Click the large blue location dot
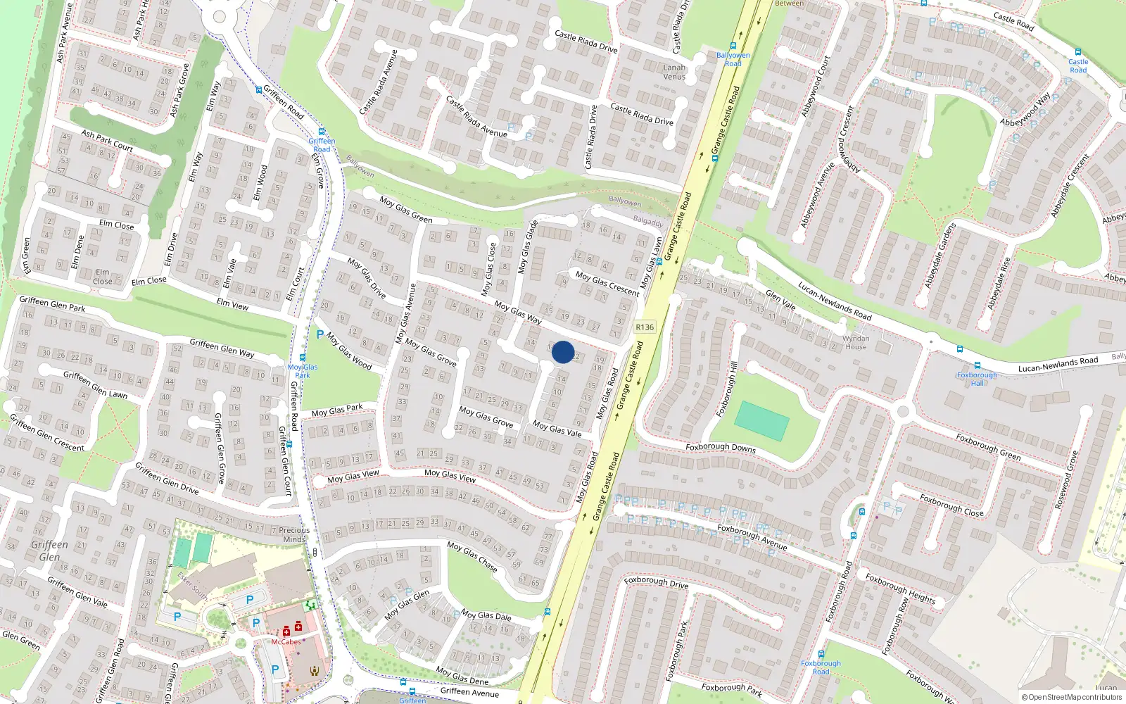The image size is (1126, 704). (x=563, y=352)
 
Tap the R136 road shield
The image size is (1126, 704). (x=644, y=327)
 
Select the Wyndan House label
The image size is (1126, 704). (x=856, y=342)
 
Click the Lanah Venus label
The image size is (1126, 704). (x=674, y=72)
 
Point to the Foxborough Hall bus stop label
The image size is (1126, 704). (x=977, y=379)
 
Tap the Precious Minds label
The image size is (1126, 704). (x=294, y=534)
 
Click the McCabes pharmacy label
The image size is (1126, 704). (x=286, y=641)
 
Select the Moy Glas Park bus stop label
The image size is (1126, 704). (x=303, y=371)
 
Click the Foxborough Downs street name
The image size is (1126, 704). (x=721, y=447)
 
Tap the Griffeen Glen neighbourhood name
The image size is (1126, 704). (x=49, y=551)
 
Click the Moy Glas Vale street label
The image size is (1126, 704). (x=557, y=429)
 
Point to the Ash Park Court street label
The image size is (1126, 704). (x=107, y=140)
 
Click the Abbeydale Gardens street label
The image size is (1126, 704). (x=940, y=255)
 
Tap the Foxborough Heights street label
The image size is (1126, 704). (x=900, y=589)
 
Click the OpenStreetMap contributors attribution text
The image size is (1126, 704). (x=1072, y=697)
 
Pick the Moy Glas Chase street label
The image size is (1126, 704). (x=472, y=555)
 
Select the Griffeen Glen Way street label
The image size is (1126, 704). (x=222, y=348)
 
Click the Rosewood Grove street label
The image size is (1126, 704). (x=1066, y=481)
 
